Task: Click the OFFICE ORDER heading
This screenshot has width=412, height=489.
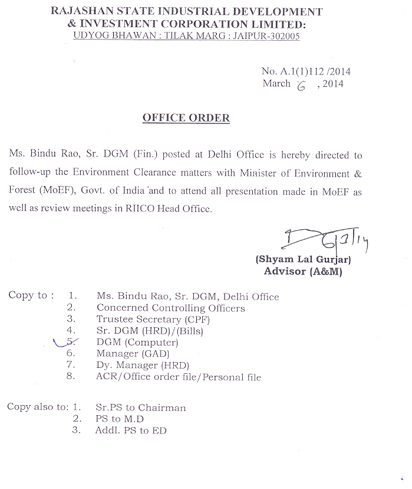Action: (x=186, y=118)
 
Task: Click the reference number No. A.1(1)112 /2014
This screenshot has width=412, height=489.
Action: (x=306, y=71)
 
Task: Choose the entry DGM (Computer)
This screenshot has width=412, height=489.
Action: (x=137, y=343)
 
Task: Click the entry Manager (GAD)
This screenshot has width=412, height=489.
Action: (x=133, y=354)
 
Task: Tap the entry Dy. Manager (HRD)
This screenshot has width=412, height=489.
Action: (x=142, y=366)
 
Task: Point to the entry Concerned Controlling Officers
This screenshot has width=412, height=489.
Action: (x=170, y=308)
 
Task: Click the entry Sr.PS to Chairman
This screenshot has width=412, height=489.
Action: (x=140, y=407)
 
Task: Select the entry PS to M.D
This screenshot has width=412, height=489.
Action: (x=119, y=419)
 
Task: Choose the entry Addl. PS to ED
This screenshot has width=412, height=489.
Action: (x=130, y=431)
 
